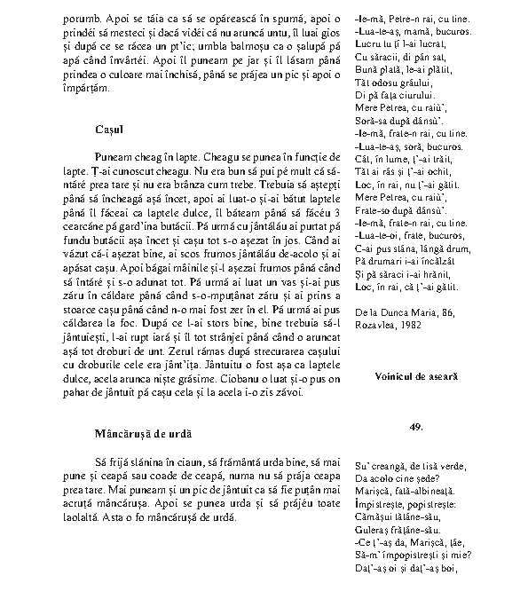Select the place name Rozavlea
point(373,325)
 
